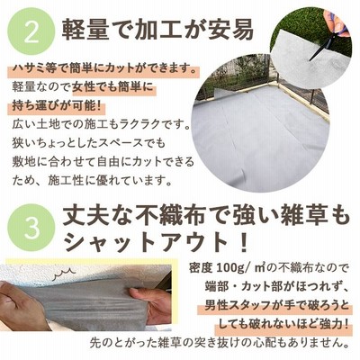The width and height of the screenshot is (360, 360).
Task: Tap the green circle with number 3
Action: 32,227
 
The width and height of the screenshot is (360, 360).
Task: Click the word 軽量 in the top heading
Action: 85,31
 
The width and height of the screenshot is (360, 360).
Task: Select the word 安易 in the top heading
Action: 230,31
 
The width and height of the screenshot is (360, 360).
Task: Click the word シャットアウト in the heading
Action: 146,242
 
